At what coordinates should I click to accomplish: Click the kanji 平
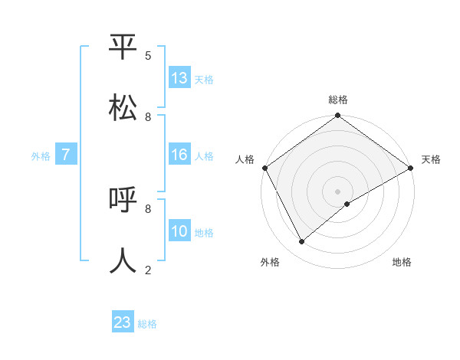123,47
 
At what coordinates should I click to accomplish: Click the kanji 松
123,107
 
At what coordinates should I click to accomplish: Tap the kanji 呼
123,201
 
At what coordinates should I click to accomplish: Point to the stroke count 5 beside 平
148,56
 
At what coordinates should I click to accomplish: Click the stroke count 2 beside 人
148,270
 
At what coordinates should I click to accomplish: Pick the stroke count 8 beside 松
148,116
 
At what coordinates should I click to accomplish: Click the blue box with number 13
179,78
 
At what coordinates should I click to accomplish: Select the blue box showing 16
179,155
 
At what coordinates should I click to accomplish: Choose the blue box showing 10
179,231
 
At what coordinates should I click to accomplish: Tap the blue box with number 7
66,155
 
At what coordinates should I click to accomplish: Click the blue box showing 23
123,322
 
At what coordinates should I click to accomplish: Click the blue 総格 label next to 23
147,324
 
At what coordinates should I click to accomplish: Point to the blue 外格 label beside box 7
41,156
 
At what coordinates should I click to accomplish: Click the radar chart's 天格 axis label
431,159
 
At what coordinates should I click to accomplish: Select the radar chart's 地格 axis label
402,262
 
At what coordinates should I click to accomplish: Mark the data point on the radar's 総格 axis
337,116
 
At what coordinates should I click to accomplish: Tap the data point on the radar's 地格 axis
347,204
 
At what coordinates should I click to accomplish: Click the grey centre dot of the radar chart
337,191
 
